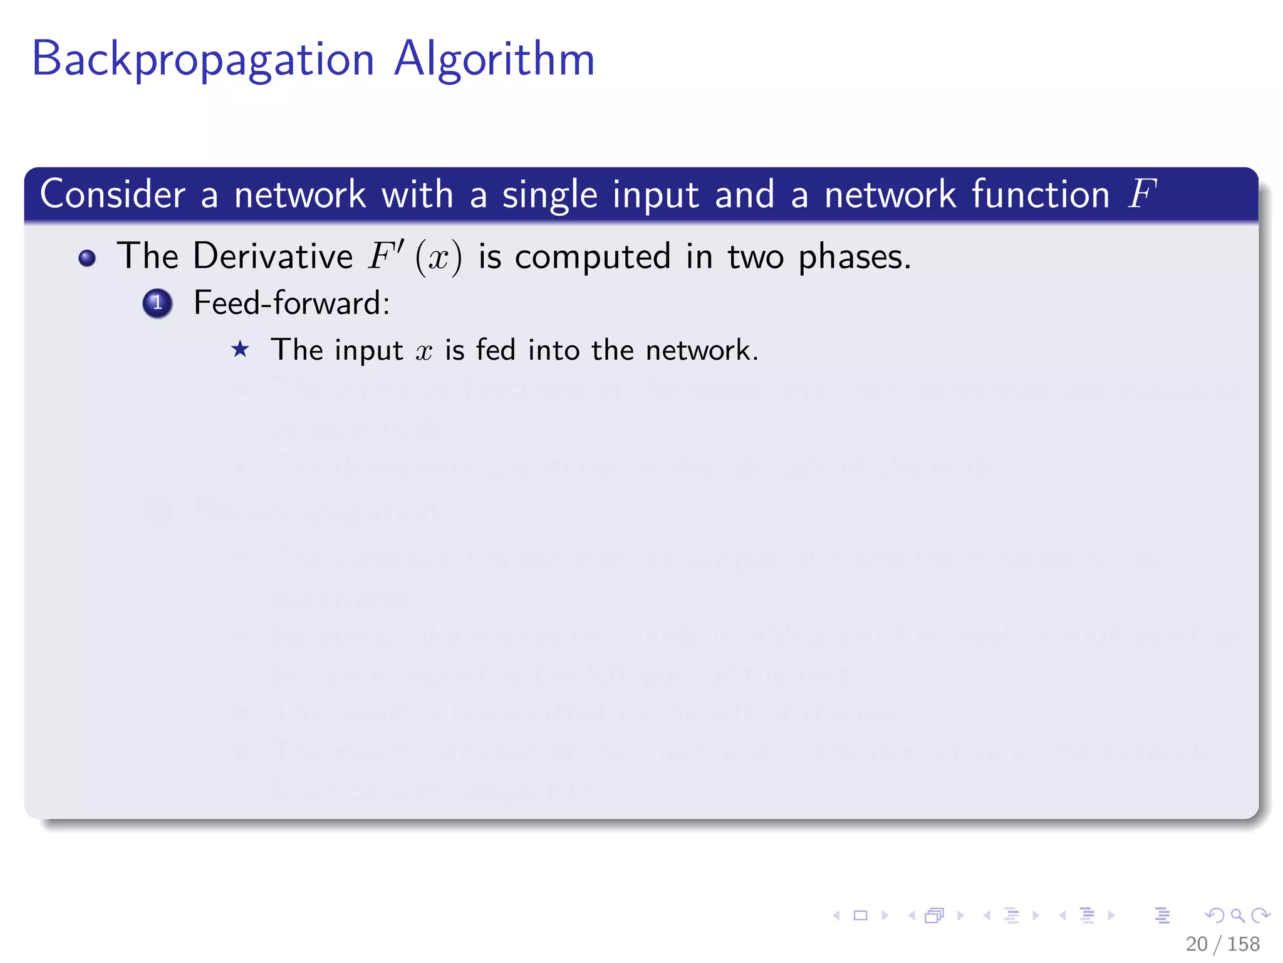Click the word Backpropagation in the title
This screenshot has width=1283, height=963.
point(202,60)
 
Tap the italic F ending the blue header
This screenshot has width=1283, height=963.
point(1141,194)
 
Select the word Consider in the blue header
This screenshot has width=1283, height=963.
point(112,194)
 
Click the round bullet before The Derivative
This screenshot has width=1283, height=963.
point(87,258)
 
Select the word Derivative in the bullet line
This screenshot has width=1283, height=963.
point(273,256)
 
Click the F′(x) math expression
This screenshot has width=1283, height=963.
point(415,257)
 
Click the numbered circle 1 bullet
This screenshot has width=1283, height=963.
point(157,303)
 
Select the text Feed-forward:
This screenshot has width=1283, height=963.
point(291,303)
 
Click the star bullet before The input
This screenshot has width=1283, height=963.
point(240,349)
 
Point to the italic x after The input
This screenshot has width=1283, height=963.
point(424,351)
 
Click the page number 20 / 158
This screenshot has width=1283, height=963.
point(1222,944)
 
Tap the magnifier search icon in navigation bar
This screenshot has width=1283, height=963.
point(1237,915)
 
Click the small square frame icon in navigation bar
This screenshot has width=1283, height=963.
point(860,915)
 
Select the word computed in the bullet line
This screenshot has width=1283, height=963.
point(592,258)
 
